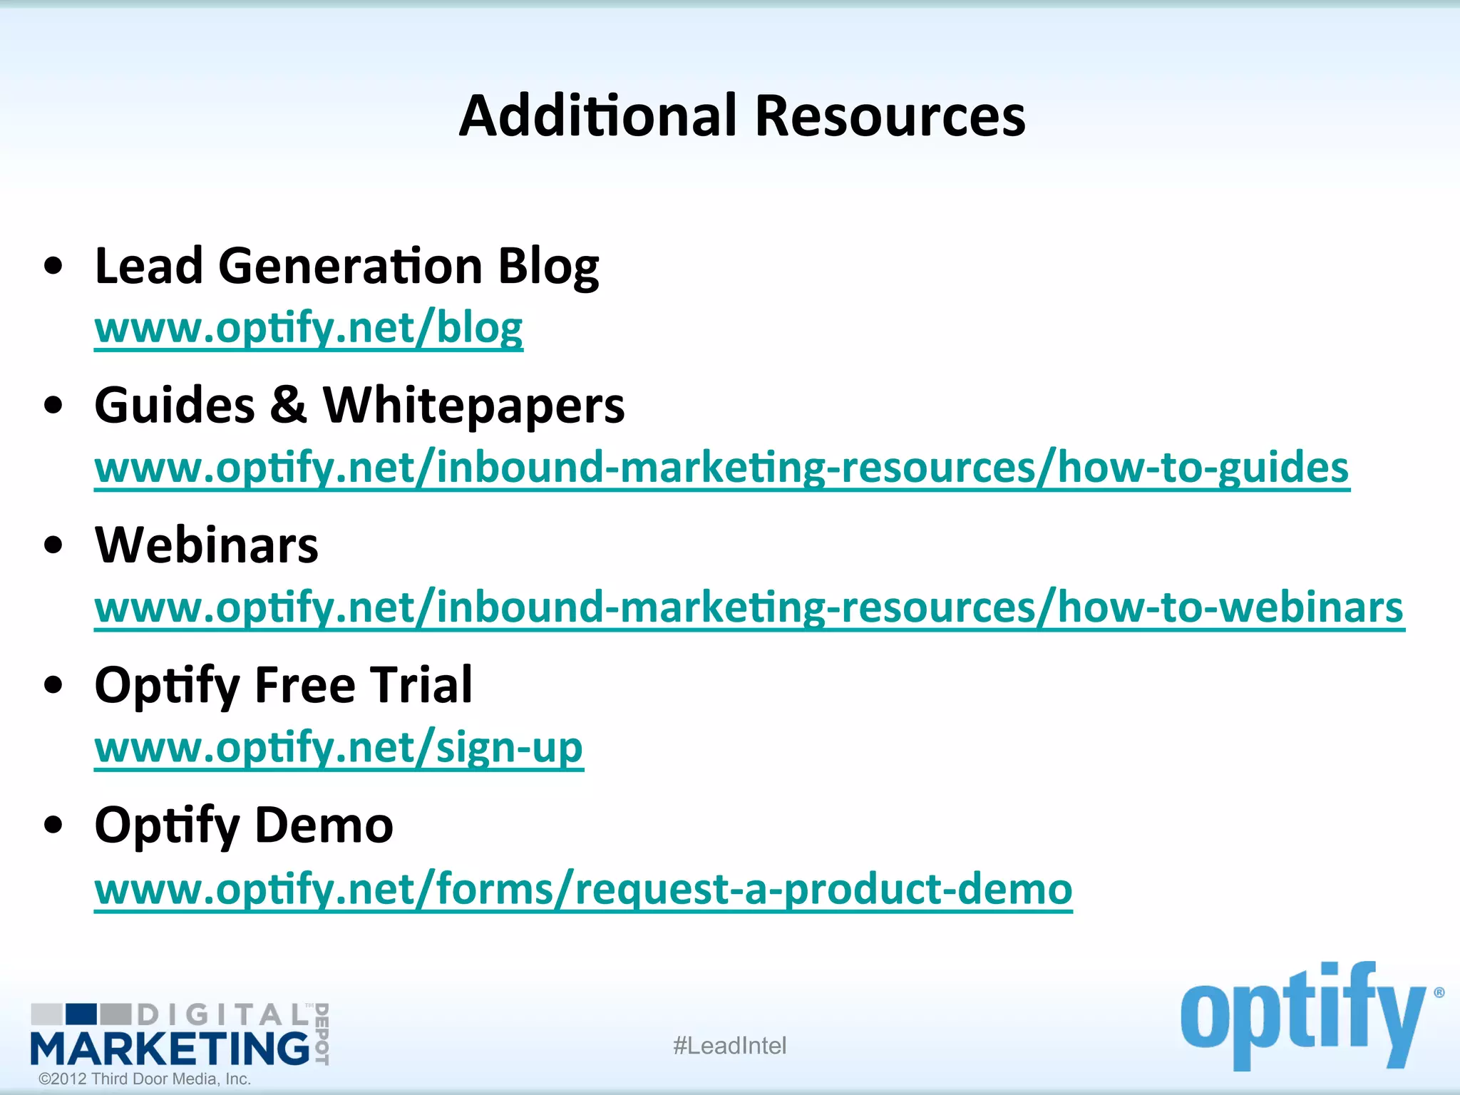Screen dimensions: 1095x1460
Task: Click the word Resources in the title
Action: (x=890, y=116)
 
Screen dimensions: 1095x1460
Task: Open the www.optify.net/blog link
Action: (x=308, y=328)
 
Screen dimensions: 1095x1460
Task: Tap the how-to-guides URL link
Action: (x=721, y=468)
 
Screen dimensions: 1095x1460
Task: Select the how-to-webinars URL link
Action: (x=749, y=607)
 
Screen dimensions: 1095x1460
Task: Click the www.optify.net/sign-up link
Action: (x=339, y=748)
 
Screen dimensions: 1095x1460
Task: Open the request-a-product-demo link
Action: (x=582, y=889)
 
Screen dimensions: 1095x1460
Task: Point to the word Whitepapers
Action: (x=473, y=406)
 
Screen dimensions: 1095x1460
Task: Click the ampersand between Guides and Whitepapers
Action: (x=288, y=405)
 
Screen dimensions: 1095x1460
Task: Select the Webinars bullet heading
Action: (x=207, y=545)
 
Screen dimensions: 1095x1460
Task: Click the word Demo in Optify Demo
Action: (x=324, y=826)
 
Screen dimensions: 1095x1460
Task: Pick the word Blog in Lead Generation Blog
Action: (x=547, y=267)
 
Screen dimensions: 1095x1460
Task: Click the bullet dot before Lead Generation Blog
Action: (x=53, y=267)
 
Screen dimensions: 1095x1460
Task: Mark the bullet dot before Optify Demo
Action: (x=53, y=825)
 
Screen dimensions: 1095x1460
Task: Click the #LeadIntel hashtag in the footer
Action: (x=729, y=1046)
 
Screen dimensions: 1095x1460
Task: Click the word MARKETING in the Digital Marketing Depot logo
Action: (x=170, y=1049)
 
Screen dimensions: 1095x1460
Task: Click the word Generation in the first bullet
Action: (x=350, y=267)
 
